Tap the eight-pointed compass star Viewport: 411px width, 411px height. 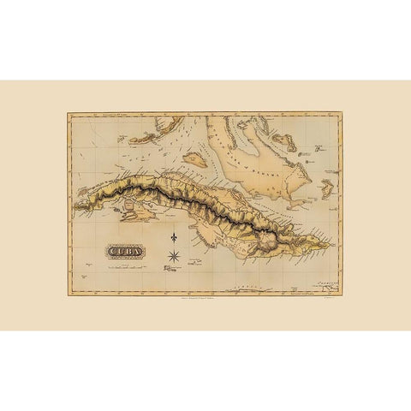coord(174,254)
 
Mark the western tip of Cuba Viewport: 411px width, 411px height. coord(74,206)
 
